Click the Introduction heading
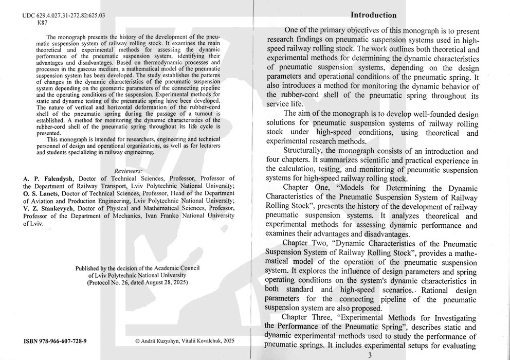coord(373,15)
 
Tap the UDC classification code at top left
coord(64,16)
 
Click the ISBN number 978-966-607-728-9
coord(56,341)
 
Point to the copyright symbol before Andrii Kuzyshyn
coord(138,341)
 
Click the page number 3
coord(369,355)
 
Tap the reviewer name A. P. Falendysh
coord(46,178)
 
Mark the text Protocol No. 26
coord(112,282)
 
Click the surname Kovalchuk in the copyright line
coord(210,341)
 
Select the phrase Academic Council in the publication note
coord(174,268)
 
